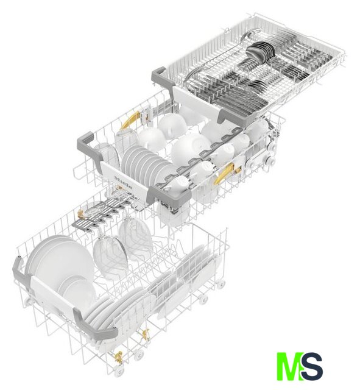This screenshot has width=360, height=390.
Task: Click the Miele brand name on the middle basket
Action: tap(123, 182)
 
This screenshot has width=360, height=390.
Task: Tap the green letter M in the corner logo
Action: tap(290, 366)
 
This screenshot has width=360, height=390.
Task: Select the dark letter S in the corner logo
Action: tap(311, 366)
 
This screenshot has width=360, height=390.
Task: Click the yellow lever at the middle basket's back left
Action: tap(130, 120)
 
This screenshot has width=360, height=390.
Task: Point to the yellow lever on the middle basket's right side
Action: tap(224, 173)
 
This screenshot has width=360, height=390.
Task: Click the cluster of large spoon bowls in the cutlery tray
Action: tap(260, 53)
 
